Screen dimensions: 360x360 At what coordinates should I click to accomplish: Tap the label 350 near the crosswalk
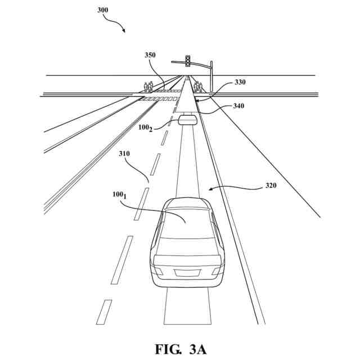point(150,56)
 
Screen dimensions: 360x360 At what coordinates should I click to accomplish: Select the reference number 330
point(240,82)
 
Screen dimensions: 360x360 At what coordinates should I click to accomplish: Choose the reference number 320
point(271,185)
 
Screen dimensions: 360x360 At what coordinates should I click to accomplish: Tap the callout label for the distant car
point(145,128)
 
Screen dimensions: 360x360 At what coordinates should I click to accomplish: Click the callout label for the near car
point(119,195)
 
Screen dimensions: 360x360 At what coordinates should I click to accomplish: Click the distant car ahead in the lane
point(187,118)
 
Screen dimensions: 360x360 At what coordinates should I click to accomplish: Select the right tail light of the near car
point(215,270)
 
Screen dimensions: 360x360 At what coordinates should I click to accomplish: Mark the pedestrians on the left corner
point(148,87)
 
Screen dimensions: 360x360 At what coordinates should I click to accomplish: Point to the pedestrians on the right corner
point(197,87)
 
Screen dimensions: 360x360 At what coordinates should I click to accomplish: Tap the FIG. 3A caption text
point(181,348)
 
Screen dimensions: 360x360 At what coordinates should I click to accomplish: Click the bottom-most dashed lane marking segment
point(104,312)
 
